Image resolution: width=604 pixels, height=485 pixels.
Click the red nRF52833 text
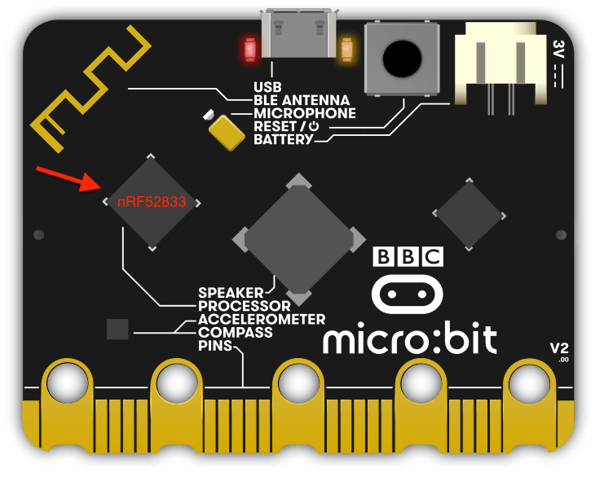pyautogui.click(x=151, y=202)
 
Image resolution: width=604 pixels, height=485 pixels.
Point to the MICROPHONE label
pyautogui.click(x=304, y=112)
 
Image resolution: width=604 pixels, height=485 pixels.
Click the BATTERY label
pyautogui.click(x=283, y=140)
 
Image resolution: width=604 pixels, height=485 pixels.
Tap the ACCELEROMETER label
pyautogui.click(x=262, y=319)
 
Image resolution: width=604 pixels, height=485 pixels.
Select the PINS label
pyautogui.click(x=214, y=346)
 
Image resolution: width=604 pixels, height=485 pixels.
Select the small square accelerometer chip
pyautogui.click(x=118, y=329)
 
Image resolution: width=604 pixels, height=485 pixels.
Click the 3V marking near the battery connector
pyautogui.click(x=558, y=47)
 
